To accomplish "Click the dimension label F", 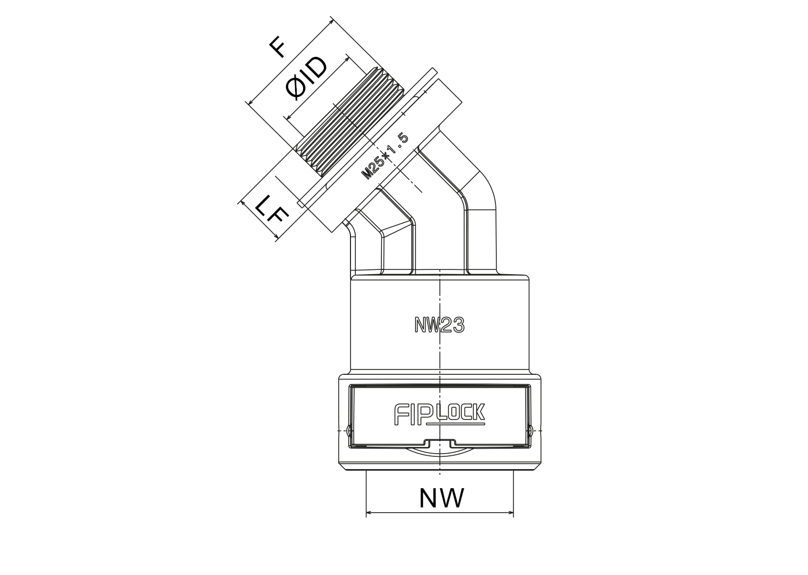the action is point(278,49).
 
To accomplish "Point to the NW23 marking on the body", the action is point(439,325).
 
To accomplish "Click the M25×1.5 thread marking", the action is point(385,157).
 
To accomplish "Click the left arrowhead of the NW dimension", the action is point(369,512).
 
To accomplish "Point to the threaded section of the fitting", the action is point(349,122).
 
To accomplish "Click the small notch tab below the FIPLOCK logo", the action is point(440,442).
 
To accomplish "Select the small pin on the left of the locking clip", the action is point(349,430).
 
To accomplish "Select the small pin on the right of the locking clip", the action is point(531,430).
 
